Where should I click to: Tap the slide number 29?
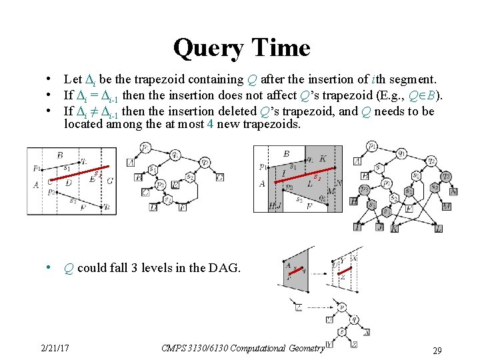coord(437,351)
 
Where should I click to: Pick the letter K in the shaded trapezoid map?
coord(323,159)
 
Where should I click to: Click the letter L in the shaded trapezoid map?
coord(309,182)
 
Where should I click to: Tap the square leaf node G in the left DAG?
coord(219,177)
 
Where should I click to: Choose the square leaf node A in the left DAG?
coord(130,162)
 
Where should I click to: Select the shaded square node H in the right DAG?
coord(353,201)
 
